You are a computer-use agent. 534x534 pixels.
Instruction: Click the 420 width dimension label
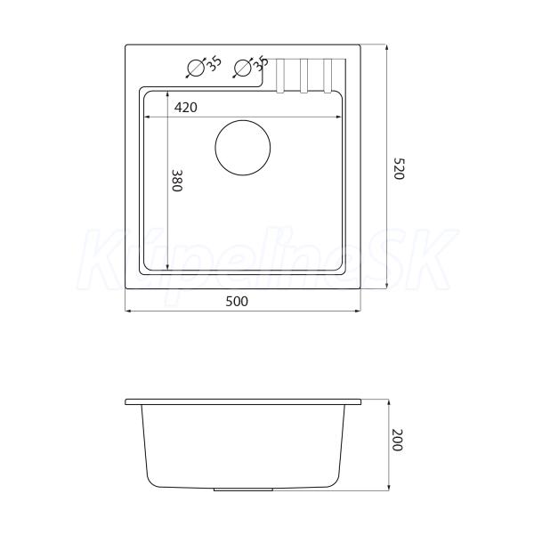click(x=186, y=108)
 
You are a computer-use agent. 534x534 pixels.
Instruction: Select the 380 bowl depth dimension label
click(x=177, y=181)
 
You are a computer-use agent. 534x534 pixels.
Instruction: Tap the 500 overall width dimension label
click(x=237, y=302)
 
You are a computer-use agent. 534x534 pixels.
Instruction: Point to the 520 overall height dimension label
click(x=399, y=168)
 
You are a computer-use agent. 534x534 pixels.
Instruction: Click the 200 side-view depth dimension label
click(x=397, y=440)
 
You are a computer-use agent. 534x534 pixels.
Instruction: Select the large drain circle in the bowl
click(x=243, y=148)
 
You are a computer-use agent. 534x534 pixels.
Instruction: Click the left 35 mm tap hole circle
click(x=196, y=68)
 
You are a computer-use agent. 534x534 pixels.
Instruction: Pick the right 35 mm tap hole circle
click(x=243, y=68)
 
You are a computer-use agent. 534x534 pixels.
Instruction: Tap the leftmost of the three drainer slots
click(x=280, y=76)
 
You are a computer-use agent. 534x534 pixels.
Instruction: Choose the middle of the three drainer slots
click(x=303, y=76)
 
